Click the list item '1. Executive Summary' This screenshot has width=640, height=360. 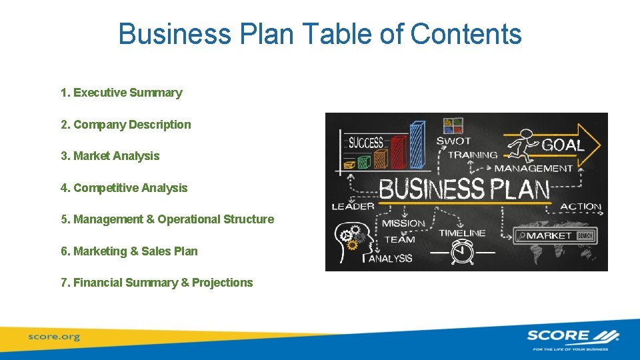[x=121, y=93]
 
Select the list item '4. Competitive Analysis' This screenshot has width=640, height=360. [x=123, y=188]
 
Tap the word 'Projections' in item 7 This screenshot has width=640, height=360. [x=222, y=283]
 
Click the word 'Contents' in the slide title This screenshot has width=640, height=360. [x=466, y=34]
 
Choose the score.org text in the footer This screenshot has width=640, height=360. [x=53, y=337]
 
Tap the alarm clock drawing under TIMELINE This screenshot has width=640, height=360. [x=459, y=252]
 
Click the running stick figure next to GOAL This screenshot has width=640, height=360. [x=522, y=145]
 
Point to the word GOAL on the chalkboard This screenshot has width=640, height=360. [x=564, y=145]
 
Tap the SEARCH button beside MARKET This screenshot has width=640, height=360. [x=585, y=235]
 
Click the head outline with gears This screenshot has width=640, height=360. [x=350, y=237]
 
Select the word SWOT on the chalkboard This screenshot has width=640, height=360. [x=453, y=141]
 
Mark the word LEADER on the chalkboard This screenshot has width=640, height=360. [x=353, y=207]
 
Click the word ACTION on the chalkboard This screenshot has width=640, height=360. [x=581, y=207]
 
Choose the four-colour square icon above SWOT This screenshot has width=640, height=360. [x=453, y=125]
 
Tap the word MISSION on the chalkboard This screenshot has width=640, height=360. [x=403, y=223]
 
